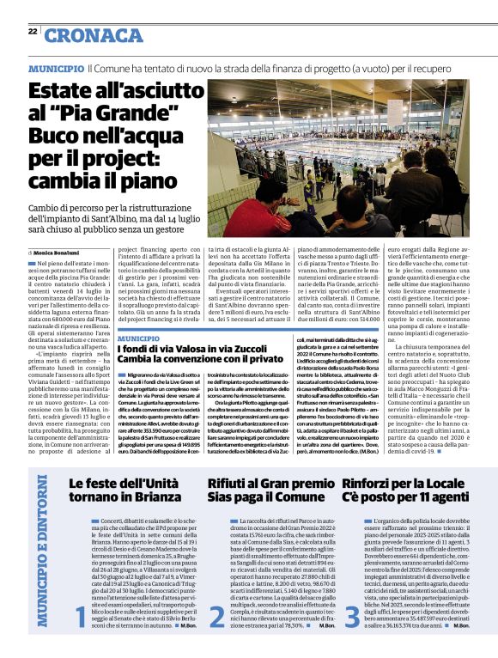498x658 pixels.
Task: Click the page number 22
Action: click(x=32, y=31)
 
